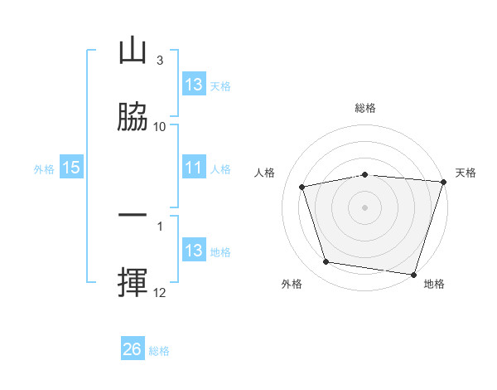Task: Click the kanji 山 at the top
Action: point(133,51)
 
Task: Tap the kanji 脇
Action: point(133,117)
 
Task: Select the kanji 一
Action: point(133,217)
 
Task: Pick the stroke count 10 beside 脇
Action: point(160,127)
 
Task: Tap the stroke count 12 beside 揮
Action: point(160,293)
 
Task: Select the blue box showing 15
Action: point(70,168)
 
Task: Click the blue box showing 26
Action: point(133,350)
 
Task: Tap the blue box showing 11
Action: point(193,168)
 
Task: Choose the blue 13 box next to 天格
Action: point(193,85)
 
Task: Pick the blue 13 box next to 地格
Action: point(193,251)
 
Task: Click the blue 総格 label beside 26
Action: point(159,351)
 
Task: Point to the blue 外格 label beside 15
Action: point(44,169)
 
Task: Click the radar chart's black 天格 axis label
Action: point(466,173)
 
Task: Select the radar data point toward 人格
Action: point(302,187)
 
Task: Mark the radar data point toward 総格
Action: point(365,174)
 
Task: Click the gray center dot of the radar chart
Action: point(365,207)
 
